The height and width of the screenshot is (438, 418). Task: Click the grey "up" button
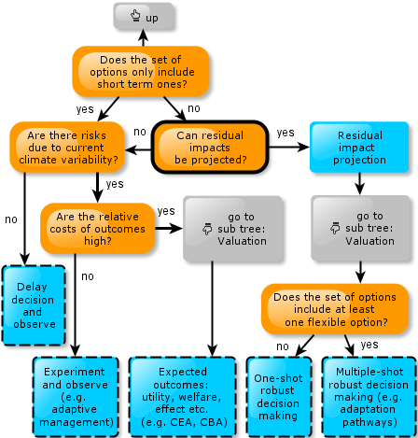pos(143,17)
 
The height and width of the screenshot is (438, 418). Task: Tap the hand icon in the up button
pos(135,16)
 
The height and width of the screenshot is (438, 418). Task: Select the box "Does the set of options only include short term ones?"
pos(141,72)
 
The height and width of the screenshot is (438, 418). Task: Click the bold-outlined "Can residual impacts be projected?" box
pos(210,147)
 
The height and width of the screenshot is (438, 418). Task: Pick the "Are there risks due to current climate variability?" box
pos(67,148)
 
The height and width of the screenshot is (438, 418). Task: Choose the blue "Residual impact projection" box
pos(359,148)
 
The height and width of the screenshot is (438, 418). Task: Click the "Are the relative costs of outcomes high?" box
pos(98,229)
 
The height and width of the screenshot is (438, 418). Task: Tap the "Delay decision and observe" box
pos(34,305)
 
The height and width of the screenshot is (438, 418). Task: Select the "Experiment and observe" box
pos(76,397)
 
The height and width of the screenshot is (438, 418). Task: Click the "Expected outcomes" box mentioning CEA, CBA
pos(182,397)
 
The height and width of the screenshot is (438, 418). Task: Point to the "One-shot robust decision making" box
pos(279,397)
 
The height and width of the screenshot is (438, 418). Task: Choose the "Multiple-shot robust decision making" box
pos(369,397)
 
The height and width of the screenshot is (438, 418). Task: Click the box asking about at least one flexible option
pos(335,309)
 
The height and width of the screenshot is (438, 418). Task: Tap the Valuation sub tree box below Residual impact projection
pos(361,228)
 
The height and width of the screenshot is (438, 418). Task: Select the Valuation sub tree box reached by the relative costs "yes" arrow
pos(233,229)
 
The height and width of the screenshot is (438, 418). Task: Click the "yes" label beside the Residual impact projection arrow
pos(286,133)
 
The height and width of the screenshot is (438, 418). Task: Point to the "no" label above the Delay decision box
pos(11,219)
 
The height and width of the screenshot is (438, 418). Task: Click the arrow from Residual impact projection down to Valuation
pos(360,184)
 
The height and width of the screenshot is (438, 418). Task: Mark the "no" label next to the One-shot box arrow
pos(283,346)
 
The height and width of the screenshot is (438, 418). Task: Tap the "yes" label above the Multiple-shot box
pos(369,345)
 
